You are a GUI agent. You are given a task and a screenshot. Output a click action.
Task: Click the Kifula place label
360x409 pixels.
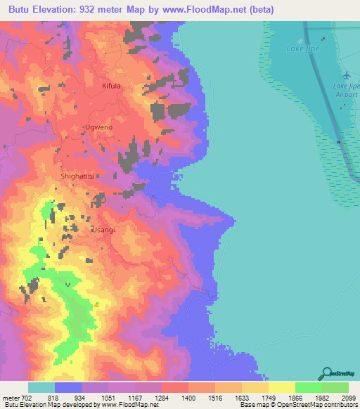[112, 86]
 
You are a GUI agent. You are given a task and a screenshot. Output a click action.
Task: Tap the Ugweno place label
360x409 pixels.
[98, 127]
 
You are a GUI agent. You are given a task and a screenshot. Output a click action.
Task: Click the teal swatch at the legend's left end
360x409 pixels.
[41, 388]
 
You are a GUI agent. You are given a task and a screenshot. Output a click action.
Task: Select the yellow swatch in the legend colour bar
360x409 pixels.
[281, 388]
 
